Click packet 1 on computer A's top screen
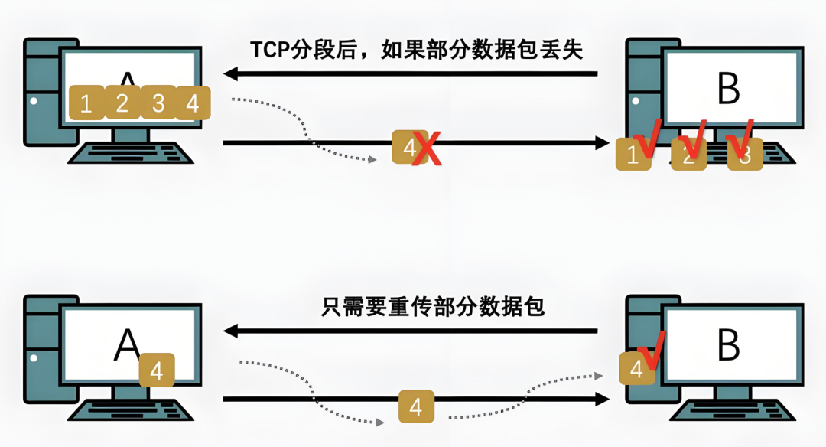pyautogui.click(x=86, y=103)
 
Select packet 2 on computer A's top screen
pyautogui.click(x=122, y=103)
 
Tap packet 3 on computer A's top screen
pyautogui.click(x=158, y=103)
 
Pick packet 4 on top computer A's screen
pyautogui.click(x=193, y=103)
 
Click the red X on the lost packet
pyautogui.click(x=428, y=148)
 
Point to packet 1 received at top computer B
pyautogui.click(x=633, y=155)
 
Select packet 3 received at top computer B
pyautogui.click(x=745, y=155)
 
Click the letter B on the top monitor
pyautogui.click(x=729, y=89)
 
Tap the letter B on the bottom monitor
pyautogui.click(x=729, y=346)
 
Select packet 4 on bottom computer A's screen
pyautogui.click(x=157, y=370)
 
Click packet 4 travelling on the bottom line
pyautogui.click(x=416, y=406)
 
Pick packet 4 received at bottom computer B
pyautogui.click(x=636, y=369)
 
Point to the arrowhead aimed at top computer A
pyautogui.click(x=230, y=74)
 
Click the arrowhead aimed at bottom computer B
pyautogui.click(x=603, y=400)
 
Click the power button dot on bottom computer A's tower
pyautogui.click(x=32, y=357)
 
